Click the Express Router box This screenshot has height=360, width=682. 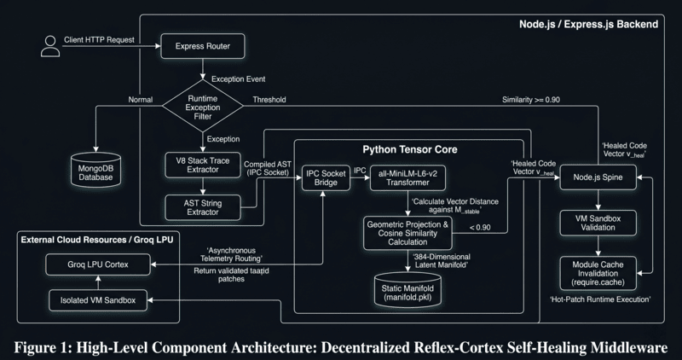coord(203,46)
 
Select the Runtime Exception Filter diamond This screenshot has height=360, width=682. coord(203,106)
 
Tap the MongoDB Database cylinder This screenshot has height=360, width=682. coord(95,171)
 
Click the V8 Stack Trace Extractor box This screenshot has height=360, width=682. coord(203,165)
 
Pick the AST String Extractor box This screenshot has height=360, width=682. coord(203,207)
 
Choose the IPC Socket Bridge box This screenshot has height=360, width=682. coord(326,177)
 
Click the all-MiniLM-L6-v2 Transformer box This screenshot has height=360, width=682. coord(407,177)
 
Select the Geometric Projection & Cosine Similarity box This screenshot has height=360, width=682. coord(407,234)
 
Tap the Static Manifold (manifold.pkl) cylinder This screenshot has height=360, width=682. coord(407,290)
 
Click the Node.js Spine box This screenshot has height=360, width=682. coord(598,177)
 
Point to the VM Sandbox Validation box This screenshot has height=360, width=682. coord(598,223)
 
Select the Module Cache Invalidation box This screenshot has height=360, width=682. coord(598,273)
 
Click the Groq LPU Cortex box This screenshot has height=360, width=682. coord(98,264)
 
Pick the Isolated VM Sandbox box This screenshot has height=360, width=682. coord(98,300)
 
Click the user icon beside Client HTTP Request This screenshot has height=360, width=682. coord(50,46)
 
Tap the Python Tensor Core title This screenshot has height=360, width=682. coord(410,150)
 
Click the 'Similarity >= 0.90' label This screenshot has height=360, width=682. coord(531,100)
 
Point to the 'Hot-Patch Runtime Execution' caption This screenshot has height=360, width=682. coord(600,299)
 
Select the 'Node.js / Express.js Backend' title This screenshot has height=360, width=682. coord(588,25)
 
